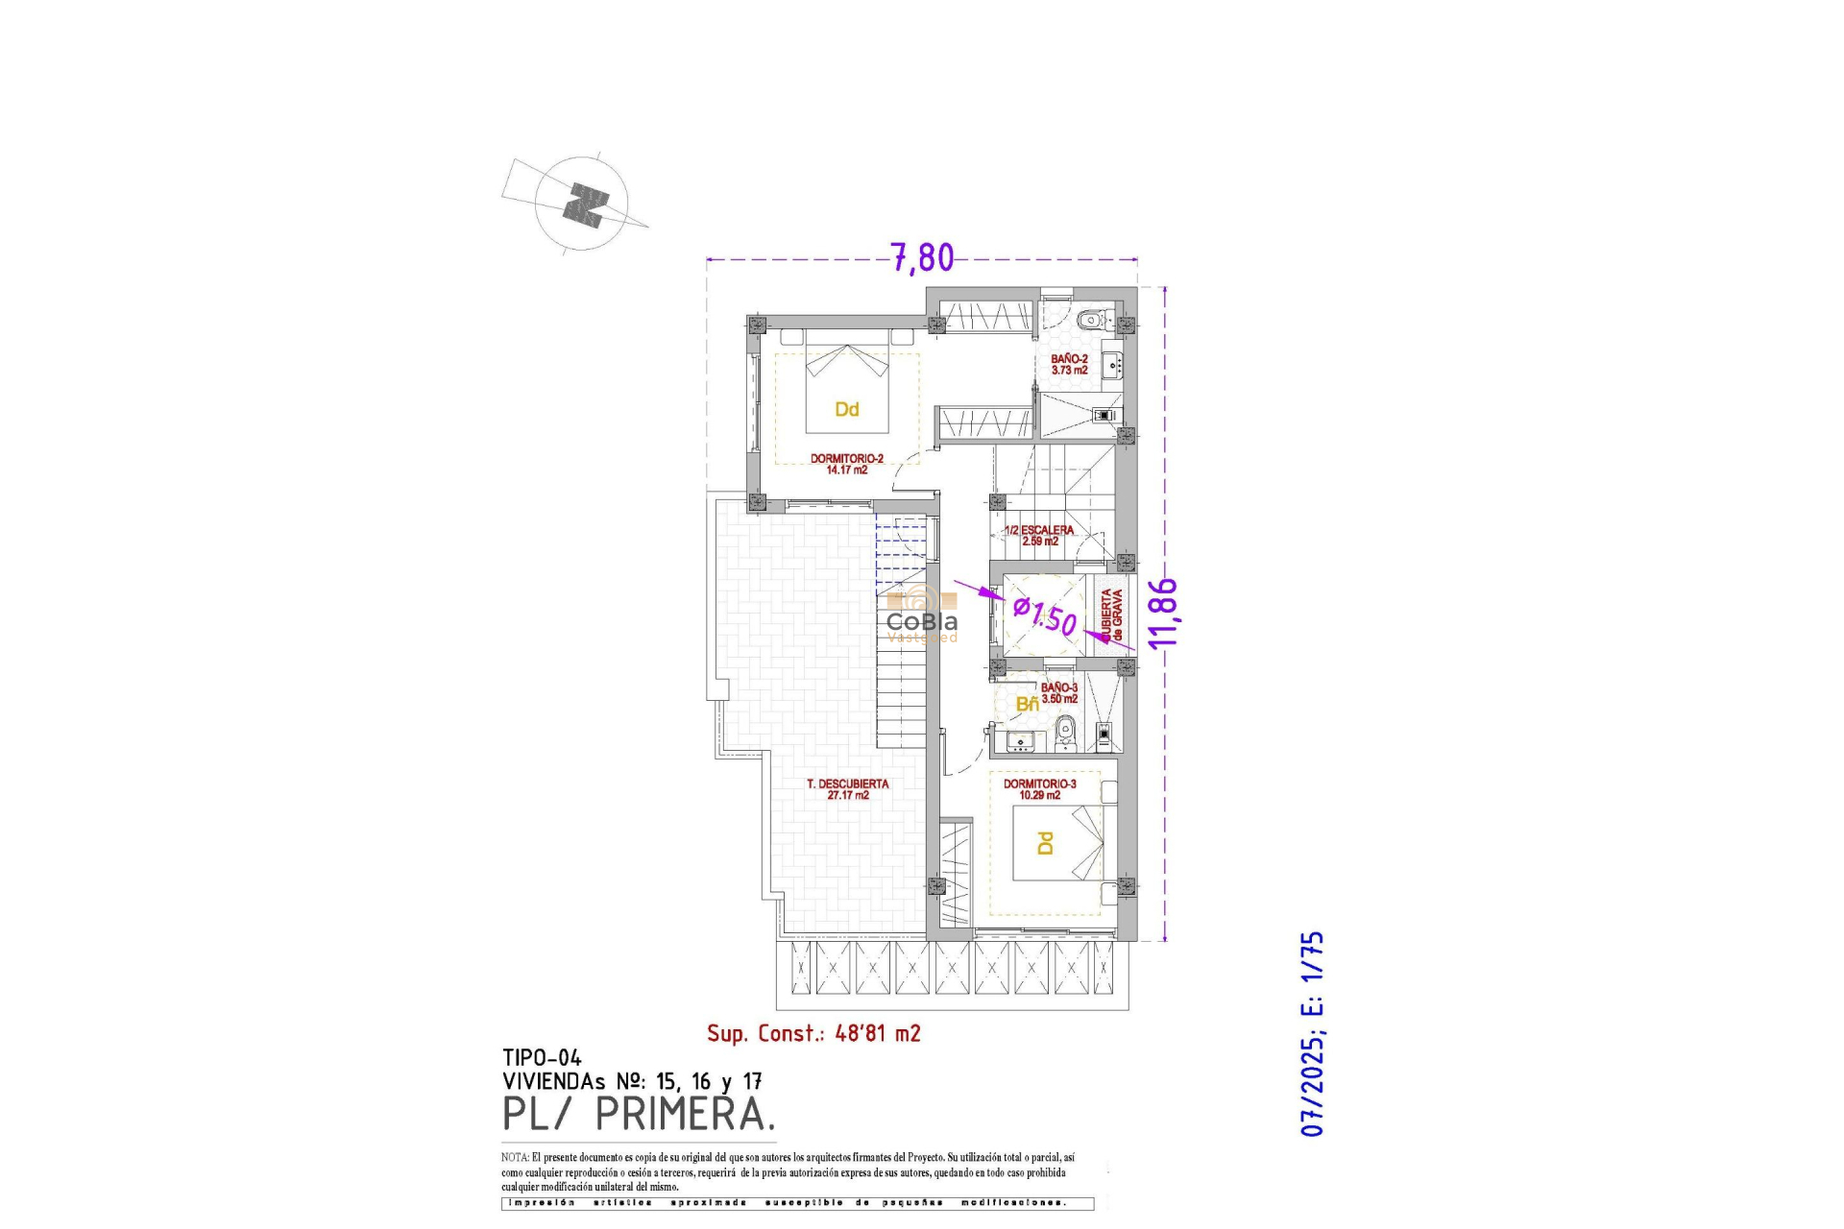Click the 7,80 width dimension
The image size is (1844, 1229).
(x=922, y=257)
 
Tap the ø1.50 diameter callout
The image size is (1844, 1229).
(x=1046, y=615)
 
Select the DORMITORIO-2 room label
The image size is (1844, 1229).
(x=846, y=464)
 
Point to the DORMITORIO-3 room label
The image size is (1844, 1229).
(x=1039, y=789)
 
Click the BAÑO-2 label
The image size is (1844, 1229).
(x=1069, y=364)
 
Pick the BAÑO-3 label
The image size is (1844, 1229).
(x=1059, y=693)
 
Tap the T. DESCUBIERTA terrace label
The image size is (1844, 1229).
(x=847, y=789)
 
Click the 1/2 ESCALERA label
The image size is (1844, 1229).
(x=1039, y=535)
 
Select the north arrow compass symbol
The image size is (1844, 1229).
(x=583, y=205)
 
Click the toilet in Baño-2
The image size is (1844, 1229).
(x=1090, y=320)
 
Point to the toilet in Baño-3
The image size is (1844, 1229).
(x=1064, y=735)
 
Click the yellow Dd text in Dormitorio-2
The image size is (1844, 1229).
(x=846, y=410)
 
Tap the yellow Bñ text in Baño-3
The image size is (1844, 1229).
(x=1027, y=705)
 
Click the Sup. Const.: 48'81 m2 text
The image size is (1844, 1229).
(x=813, y=1034)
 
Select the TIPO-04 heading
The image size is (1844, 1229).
(x=542, y=1058)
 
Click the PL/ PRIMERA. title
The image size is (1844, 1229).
(x=638, y=1115)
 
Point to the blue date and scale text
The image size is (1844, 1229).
(x=1312, y=1033)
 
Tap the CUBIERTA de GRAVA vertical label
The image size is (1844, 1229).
(x=1111, y=615)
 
